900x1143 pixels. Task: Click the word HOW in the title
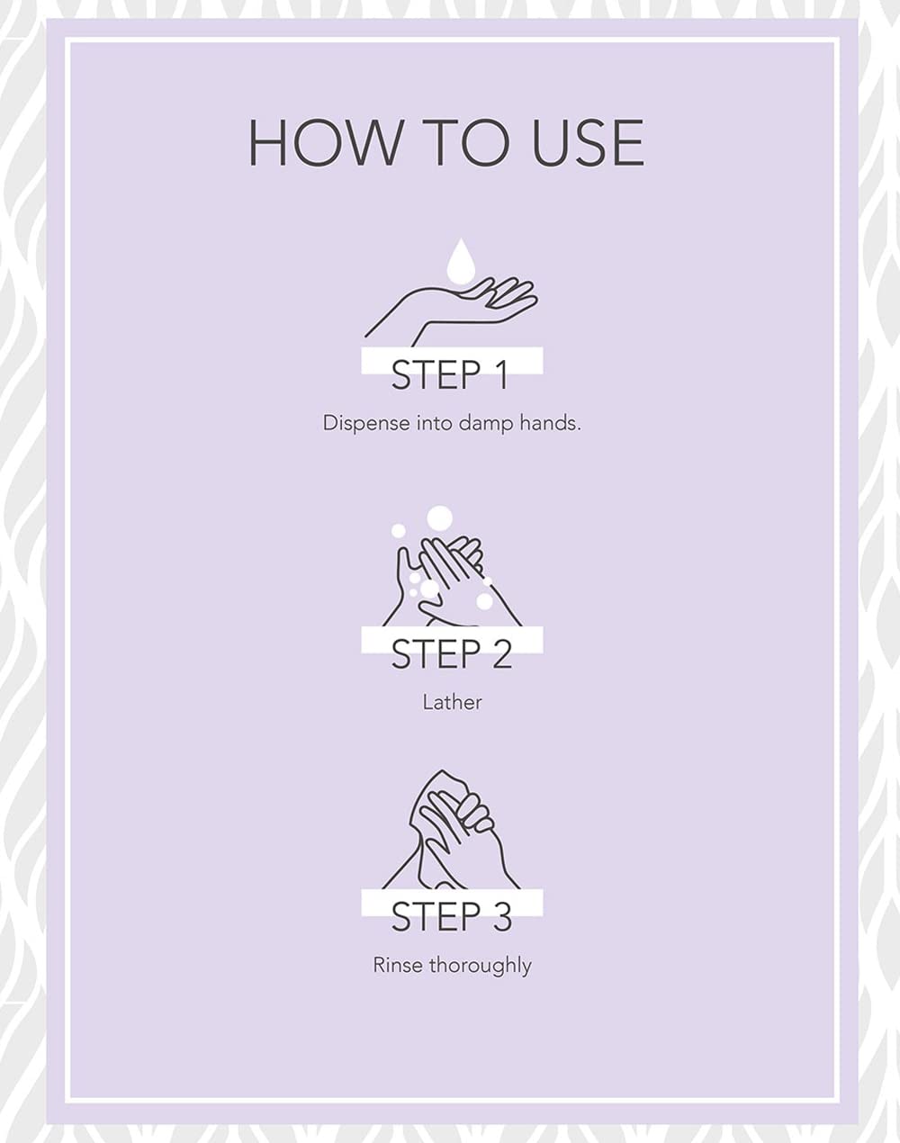tap(324, 143)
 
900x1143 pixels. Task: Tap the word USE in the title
tap(588, 143)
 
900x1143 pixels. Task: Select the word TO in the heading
tap(466, 143)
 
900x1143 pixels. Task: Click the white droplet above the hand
tap(461, 261)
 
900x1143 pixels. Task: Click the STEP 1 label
tap(450, 375)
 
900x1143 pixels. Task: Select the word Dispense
tap(366, 424)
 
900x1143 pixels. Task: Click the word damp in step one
tap(487, 424)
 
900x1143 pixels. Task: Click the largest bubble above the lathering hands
tap(440, 518)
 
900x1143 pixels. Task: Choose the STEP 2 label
tap(452, 653)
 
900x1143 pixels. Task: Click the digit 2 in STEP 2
tap(501, 653)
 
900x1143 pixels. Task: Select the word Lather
tap(452, 703)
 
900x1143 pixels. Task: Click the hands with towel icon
tap(452, 830)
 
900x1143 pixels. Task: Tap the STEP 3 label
tap(452, 916)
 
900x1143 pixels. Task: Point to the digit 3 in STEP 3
tap(501, 916)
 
